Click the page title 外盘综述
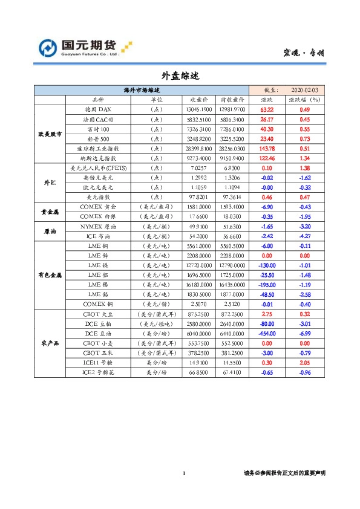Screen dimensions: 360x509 (180, 76)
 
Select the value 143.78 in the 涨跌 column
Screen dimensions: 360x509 (267, 148)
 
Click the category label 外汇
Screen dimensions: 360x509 (49, 182)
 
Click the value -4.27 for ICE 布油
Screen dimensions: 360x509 (304, 236)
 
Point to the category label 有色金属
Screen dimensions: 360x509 (49, 274)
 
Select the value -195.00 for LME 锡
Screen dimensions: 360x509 (267, 284)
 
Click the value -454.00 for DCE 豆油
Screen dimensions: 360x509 (267, 333)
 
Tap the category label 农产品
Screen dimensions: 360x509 (49, 343)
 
